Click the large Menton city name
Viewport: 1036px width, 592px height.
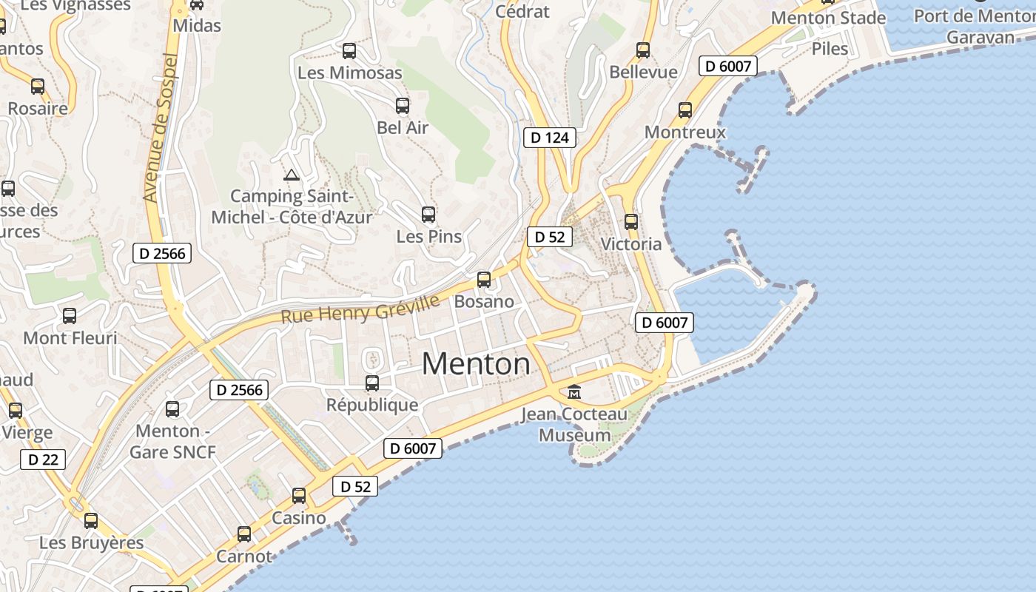(x=476, y=364)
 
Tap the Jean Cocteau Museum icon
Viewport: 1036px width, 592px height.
(x=574, y=391)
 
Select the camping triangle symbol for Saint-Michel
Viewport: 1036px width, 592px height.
(x=292, y=175)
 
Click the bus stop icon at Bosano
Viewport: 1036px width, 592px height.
(x=484, y=280)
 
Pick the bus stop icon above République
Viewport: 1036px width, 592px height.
(x=372, y=383)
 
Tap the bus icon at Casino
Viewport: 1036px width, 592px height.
(x=299, y=496)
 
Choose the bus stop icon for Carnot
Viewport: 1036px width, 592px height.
(x=244, y=534)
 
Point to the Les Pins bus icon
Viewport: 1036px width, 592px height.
(x=428, y=215)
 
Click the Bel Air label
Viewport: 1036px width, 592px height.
(x=403, y=127)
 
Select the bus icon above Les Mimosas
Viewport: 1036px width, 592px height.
(x=349, y=51)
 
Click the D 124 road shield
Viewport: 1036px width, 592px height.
(x=550, y=138)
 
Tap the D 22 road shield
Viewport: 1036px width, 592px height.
(x=43, y=460)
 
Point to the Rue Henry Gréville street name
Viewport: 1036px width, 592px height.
(x=360, y=309)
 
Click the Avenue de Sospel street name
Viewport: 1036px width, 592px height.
(x=161, y=128)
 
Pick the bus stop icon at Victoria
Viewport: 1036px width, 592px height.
(x=631, y=222)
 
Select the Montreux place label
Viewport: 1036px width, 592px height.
(x=685, y=132)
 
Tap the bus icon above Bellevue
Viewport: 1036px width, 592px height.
(x=643, y=50)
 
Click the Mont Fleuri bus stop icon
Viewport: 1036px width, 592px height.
(x=70, y=316)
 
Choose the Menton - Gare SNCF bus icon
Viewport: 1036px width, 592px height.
(x=172, y=408)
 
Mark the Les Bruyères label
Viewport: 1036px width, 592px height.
(x=91, y=542)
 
